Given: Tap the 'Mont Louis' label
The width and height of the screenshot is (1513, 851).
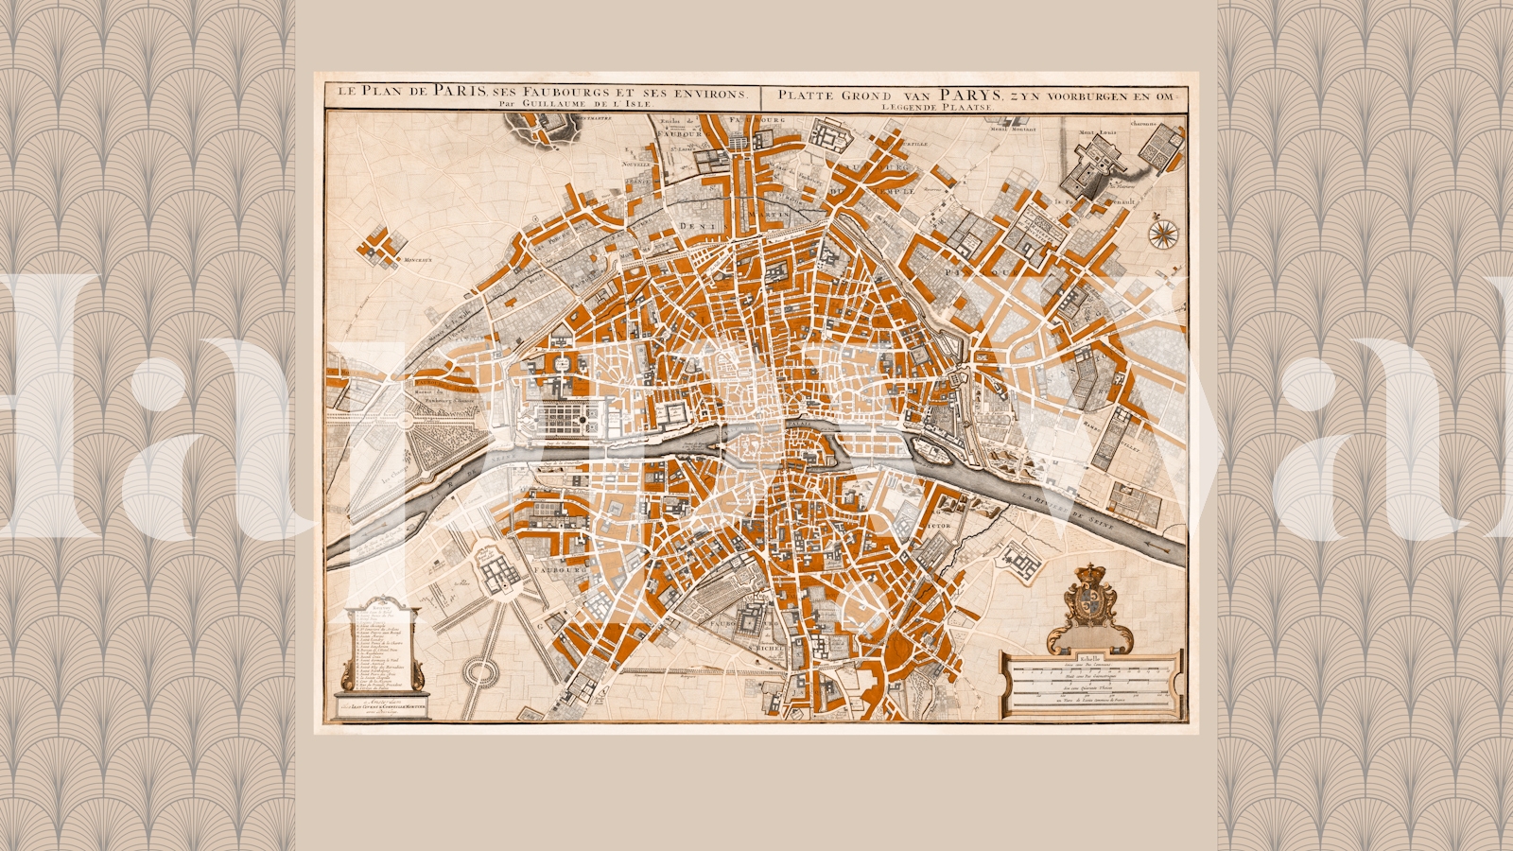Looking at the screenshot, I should click(x=1098, y=132).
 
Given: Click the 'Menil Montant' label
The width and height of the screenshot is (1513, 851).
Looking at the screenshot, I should click(x=1013, y=129).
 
